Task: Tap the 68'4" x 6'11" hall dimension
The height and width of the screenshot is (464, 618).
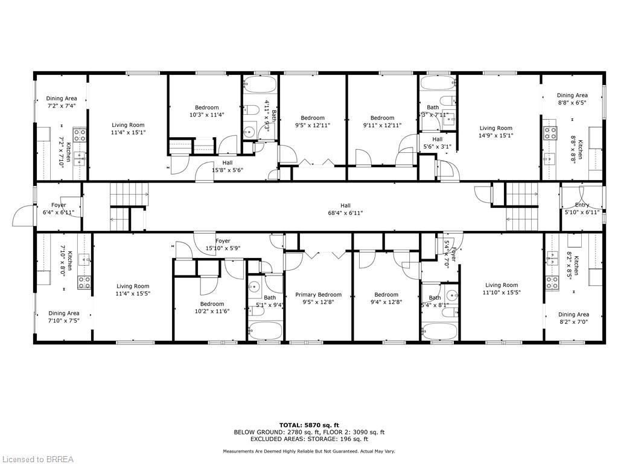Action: pos(345,213)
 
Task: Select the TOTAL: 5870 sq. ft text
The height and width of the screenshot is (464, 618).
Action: pos(308,425)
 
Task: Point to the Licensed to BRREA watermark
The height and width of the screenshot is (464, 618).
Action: pos(37,459)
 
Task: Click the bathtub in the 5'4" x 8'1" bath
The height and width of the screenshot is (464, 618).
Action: pos(441,331)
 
